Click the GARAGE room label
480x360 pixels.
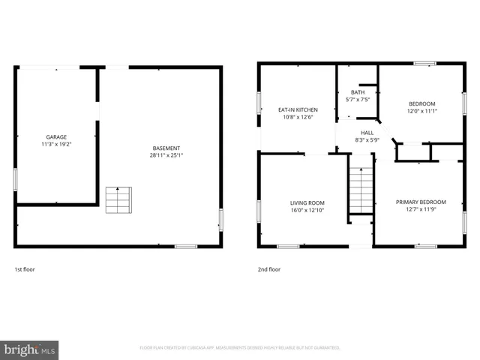pos(56,137)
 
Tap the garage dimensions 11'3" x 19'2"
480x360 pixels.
pos(56,145)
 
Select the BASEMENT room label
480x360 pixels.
pos(166,148)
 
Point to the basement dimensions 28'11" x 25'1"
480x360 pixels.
pos(166,155)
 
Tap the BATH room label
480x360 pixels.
pos(357,92)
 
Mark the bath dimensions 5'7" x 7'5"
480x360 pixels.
pos(357,100)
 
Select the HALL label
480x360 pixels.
pos(367,132)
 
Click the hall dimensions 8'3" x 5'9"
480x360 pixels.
pos(367,139)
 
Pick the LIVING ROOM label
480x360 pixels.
pos(307,202)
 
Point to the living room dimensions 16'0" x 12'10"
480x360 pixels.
pos(307,210)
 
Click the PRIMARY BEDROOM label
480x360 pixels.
pos(421,202)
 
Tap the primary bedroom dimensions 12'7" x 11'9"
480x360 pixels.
pos(421,209)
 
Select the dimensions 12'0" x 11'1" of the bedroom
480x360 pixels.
pos(422,111)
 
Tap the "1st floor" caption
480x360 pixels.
pos(25,269)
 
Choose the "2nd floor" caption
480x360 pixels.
pos(269,269)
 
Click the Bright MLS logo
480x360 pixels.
pos(29,349)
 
